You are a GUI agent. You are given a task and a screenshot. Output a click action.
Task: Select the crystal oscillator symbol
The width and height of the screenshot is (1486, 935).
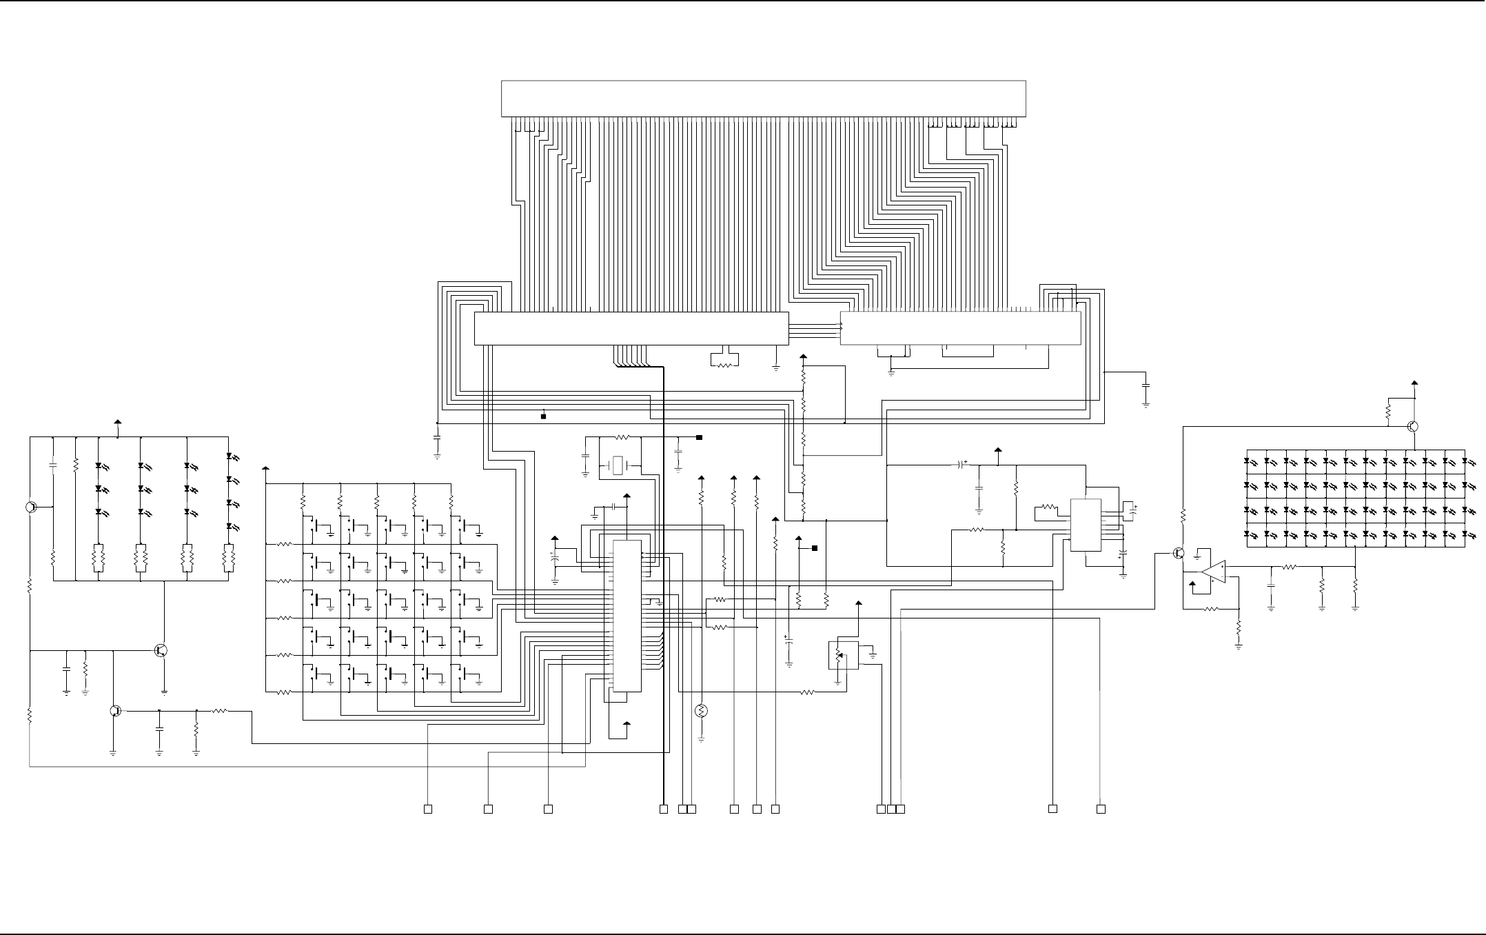coord(619,465)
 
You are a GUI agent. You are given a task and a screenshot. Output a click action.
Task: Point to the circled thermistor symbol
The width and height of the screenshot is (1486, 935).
coord(702,711)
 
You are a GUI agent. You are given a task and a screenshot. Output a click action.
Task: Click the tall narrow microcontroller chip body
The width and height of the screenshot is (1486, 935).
coord(627,616)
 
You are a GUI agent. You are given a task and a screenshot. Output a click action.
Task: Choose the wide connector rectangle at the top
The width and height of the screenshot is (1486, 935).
coord(763,99)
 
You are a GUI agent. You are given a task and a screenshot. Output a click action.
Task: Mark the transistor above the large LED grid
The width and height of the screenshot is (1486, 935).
coord(1412,426)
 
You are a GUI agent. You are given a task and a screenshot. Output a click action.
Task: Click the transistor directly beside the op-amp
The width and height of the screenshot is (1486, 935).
coord(1179,553)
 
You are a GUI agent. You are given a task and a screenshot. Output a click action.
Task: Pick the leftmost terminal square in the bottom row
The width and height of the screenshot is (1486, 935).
coord(427,808)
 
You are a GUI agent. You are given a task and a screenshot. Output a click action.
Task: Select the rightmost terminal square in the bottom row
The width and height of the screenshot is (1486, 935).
coord(1101,808)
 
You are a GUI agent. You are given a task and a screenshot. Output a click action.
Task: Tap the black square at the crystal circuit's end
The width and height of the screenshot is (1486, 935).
coord(699,437)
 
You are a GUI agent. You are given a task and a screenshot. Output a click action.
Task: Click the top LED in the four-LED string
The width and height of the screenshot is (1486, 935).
coord(230,456)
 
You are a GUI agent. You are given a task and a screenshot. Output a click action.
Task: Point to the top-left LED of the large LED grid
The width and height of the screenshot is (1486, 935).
coord(1250,461)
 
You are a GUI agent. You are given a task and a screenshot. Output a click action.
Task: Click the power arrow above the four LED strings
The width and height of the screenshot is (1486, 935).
coord(117,422)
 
